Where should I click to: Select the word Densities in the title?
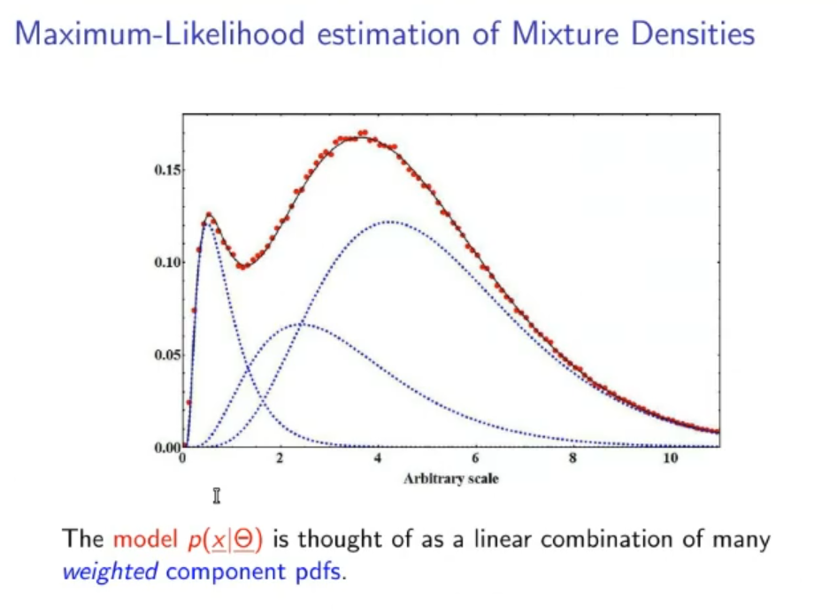pyautogui.click(x=695, y=35)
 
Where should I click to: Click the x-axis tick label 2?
pyautogui.click(x=280, y=458)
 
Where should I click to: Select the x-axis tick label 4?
pyautogui.click(x=379, y=458)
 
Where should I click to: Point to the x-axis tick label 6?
pyautogui.click(x=476, y=458)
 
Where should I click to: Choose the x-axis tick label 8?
pyautogui.click(x=573, y=458)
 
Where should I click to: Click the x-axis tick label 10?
pyautogui.click(x=670, y=458)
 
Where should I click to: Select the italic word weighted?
pyautogui.click(x=110, y=572)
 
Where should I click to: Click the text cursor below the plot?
pyautogui.click(x=217, y=496)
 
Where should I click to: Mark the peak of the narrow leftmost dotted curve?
pyautogui.click(x=207, y=221)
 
